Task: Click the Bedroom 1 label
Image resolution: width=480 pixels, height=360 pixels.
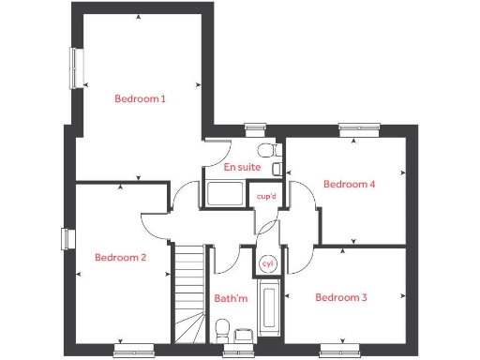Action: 140,98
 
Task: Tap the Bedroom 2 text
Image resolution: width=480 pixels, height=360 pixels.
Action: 120,257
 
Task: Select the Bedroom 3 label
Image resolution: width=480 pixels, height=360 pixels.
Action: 340,298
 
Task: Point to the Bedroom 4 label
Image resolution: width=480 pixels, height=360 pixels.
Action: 349,185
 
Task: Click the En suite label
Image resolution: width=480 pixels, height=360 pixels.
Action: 242,167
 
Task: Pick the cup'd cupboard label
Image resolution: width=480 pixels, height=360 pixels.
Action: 266,197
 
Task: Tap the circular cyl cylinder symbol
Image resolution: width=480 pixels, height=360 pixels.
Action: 267,263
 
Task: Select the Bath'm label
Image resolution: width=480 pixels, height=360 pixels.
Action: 231,299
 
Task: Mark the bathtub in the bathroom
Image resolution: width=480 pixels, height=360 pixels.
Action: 268,309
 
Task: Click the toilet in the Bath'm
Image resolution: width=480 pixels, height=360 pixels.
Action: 222,328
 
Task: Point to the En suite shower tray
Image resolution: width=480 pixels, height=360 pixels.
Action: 225,195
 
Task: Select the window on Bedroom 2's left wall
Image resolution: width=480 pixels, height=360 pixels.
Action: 67,239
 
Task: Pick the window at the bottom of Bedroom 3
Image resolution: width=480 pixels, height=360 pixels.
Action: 338,351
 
